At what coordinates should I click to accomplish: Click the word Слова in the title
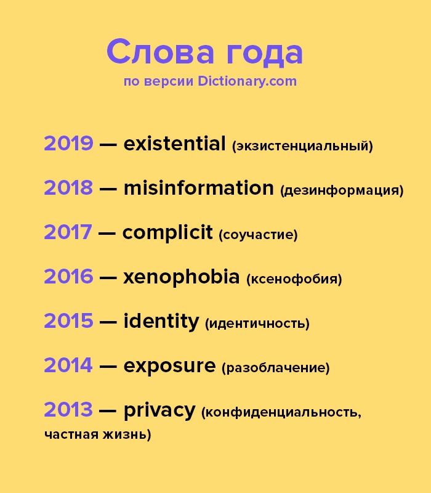click(161, 52)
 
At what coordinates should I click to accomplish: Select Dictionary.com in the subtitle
click(248, 81)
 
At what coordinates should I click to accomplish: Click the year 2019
click(68, 144)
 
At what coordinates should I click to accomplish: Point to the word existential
click(174, 143)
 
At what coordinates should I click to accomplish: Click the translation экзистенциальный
click(302, 146)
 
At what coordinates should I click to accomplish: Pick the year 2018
click(68, 188)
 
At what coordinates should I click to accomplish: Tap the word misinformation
click(198, 188)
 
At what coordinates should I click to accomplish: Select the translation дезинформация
click(342, 190)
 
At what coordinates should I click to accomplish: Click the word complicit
click(167, 233)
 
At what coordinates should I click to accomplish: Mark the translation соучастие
click(258, 235)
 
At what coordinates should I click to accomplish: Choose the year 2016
click(68, 276)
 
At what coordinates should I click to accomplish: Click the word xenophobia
click(181, 277)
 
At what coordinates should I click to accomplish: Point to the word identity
click(161, 321)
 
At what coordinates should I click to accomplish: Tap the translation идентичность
click(257, 324)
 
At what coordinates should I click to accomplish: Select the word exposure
click(170, 367)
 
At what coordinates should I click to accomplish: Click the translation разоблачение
click(276, 368)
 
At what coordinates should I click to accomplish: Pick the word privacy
click(159, 411)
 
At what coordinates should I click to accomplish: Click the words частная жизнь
click(98, 434)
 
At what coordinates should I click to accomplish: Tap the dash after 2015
click(108, 322)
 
